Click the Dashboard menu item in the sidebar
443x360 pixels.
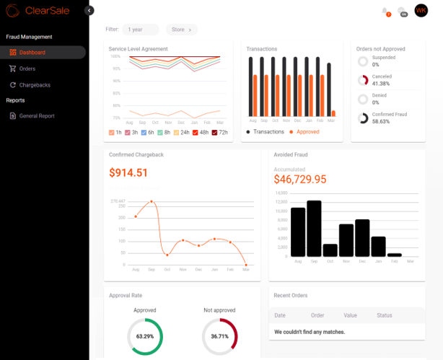coord(32,53)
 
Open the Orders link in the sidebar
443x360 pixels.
coord(27,69)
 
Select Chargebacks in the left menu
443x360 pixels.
coord(34,85)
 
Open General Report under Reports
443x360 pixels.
coord(36,115)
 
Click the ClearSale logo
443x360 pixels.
coord(38,11)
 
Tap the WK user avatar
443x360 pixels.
coord(421,10)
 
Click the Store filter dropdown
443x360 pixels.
coord(181,30)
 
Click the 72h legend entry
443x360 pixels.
coord(219,133)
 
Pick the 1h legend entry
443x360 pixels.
coord(115,133)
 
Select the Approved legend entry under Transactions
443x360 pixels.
coord(304,132)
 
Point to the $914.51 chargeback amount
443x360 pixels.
coord(128,173)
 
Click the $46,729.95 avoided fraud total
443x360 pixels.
coord(300,179)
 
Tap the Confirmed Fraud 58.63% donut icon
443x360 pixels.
coord(363,118)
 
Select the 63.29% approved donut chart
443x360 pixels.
coord(145,336)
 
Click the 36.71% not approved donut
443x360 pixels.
coord(219,336)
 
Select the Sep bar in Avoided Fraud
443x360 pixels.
coord(314,228)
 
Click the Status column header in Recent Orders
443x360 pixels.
coord(384,315)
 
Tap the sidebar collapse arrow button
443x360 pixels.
coord(89,10)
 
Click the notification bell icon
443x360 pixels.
coord(385,10)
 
